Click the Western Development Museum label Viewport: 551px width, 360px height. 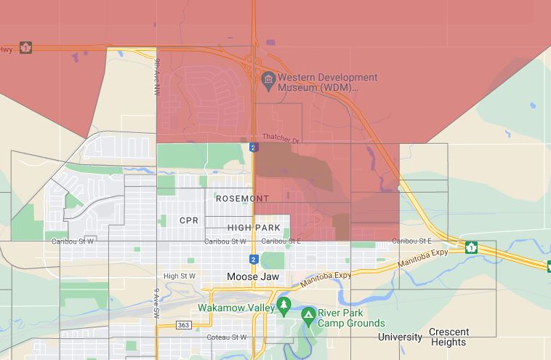tap(318, 82)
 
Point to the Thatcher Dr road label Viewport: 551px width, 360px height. tap(280, 138)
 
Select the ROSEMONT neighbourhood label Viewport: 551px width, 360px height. tap(242, 199)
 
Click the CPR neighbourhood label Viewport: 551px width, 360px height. tap(188, 220)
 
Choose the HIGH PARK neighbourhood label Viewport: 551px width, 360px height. tap(254, 228)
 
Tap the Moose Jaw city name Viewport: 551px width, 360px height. tap(253, 277)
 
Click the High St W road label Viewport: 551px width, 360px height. tap(180, 276)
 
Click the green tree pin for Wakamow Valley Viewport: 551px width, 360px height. tap(284, 305)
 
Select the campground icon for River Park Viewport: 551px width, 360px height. tap(309, 315)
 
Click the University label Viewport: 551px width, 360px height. tap(400, 337)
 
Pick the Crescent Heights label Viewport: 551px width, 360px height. tap(449, 337)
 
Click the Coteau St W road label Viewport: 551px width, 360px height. tap(227, 337)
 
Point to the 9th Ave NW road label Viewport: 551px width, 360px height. tap(156, 78)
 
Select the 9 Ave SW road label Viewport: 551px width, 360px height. tap(156, 304)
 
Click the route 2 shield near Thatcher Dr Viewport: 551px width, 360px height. tap(253, 148)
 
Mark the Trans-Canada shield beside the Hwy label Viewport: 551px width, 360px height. tap(26, 47)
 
